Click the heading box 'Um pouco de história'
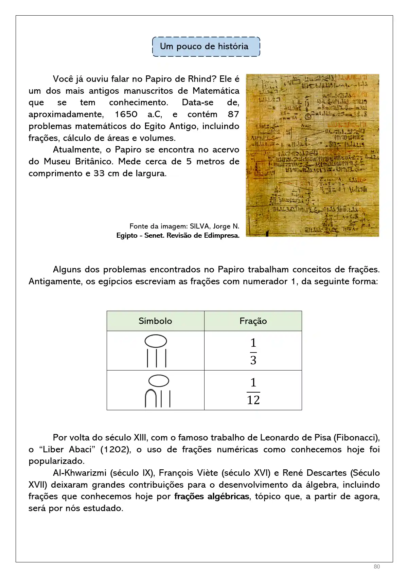[x=206, y=47]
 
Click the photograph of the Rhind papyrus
[x=312, y=155]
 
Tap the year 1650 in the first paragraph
[x=126, y=114]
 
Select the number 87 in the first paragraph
[x=233, y=114]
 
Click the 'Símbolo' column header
[x=155, y=321]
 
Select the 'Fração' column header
[x=253, y=321]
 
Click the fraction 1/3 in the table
[x=253, y=351]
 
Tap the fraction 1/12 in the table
[x=253, y=391]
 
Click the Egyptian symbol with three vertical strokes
[x=156, y=351]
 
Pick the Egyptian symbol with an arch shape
[x=158, y=391]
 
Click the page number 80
[x=376, y=566]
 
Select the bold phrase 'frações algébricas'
[x=212, y=496]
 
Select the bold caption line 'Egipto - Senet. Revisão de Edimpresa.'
[x=178, y=236]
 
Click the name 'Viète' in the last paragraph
[x=206, y=473]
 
